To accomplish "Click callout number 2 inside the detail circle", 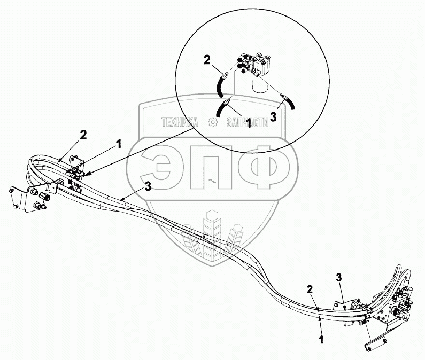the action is coord(208,60).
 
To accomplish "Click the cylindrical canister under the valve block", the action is coord(260,84).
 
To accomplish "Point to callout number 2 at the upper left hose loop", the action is coord(83,135).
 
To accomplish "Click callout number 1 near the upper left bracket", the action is coord(119,144).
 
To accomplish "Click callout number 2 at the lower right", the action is coord(310,289).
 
